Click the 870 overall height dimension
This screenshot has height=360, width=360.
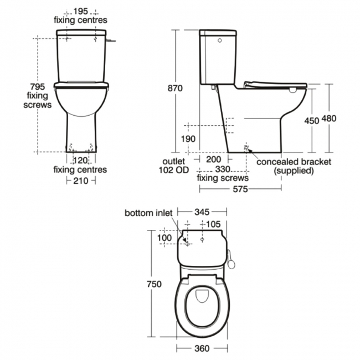pyautogui.click(x=175, y=89)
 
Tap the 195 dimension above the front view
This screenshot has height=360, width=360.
pyautogui.click(x=81, y=11)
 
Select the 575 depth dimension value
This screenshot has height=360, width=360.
pyautogui.click(x=240, y=189)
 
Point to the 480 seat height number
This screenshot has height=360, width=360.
pyautogui.click(x=329, y=119)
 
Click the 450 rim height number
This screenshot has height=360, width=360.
pyautogui.click(x=312, y=121)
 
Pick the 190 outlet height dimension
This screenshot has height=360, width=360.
pyautogui.click(x=188, y=139)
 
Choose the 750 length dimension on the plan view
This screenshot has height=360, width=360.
pyautogui.click(x=155, y=284)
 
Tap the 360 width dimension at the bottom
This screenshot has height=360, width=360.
pyautogui.click(x=202, y=348)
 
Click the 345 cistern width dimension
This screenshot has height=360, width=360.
pyautogui.click(x=202, y=212)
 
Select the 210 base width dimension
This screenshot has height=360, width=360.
pyautogui.click(x=81, y=181)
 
